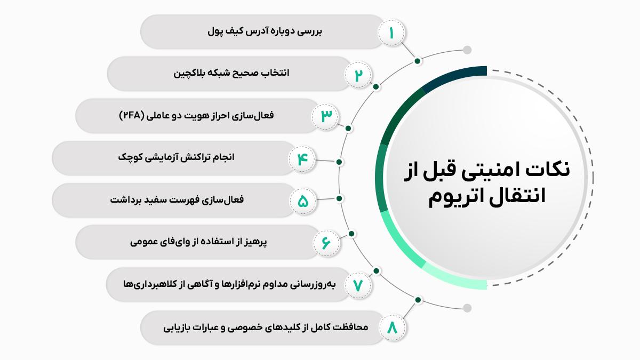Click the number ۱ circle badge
tap(391, 33)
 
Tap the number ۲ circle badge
tap(358, 75)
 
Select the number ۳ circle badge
tap(325, 117)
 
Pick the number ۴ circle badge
tap(302, 159)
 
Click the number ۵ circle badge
tap(303, 201)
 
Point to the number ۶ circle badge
tap(326, 243)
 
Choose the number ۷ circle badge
tap(358, 285)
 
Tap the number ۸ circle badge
tap(393, 327)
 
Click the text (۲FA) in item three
tap(131, 115)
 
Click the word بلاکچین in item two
tap(188, 73)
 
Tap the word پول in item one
tap(217, 31)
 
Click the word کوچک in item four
tap(129, 157)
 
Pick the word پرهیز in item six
tap(255, 242)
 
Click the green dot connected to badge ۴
tap(339, 162)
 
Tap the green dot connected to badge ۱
tap(418, 61)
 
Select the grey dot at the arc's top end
tap(467, 50)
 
